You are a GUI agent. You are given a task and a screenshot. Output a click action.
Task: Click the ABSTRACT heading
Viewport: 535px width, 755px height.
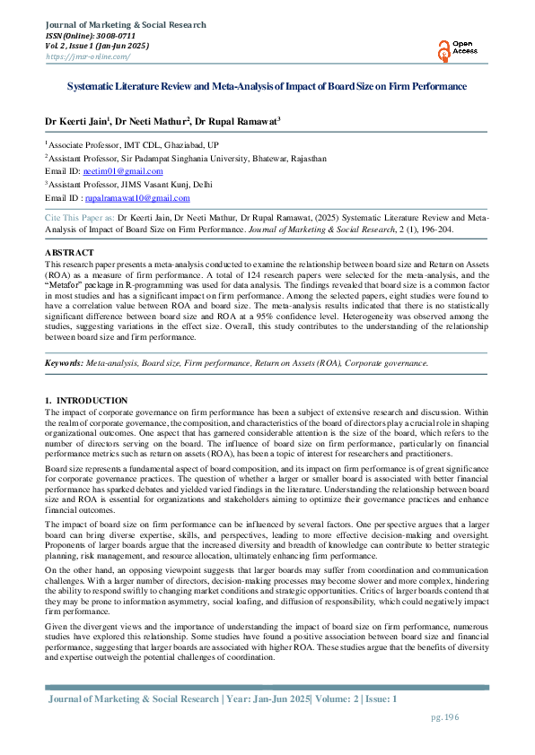[x=69, y=254]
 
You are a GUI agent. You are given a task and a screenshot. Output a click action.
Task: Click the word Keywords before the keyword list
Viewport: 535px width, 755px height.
[x=64, y=362]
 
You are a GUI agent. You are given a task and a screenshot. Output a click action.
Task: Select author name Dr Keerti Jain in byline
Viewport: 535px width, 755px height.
[x=76, y=120]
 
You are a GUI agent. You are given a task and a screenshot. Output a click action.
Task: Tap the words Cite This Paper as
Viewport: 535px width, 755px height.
[x=80, y=217]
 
